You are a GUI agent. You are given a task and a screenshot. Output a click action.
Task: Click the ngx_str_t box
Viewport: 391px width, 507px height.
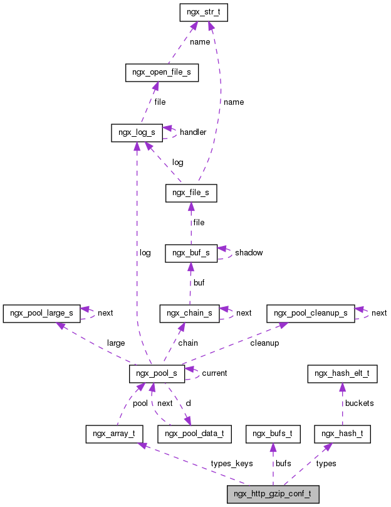click(203, 13)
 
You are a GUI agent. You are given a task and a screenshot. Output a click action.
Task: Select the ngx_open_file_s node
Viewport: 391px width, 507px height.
click(162, 73)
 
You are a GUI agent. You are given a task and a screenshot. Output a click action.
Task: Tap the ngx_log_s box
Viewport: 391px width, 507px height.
click(137, 132)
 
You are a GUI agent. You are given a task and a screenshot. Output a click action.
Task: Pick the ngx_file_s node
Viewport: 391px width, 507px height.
click(191, 193)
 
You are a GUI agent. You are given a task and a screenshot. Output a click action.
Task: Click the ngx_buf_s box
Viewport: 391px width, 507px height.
click(191, 253)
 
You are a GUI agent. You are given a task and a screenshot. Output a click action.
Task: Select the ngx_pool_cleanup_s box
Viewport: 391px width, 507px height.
click(310, 312)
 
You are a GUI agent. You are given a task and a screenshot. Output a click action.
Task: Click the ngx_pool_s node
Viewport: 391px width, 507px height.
click(157, 373)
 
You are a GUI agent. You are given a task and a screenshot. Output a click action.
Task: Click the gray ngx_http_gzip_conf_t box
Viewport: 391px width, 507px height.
click(273, 494)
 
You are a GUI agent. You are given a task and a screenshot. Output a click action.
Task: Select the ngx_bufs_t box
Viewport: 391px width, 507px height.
click(273, 433)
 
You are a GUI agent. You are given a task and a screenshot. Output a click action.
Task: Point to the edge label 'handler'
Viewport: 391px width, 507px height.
click(193, 132)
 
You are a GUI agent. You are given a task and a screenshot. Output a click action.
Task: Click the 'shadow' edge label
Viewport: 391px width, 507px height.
click(249, 253)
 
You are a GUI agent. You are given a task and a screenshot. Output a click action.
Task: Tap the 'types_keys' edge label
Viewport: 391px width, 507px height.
click(231, 464)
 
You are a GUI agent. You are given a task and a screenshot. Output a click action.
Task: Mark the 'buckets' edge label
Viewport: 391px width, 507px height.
click(359, 403)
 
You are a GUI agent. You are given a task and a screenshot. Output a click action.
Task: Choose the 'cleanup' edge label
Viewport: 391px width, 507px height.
click(264, 343)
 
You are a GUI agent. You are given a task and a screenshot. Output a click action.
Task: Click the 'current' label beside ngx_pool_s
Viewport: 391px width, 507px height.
click(214, 373)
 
